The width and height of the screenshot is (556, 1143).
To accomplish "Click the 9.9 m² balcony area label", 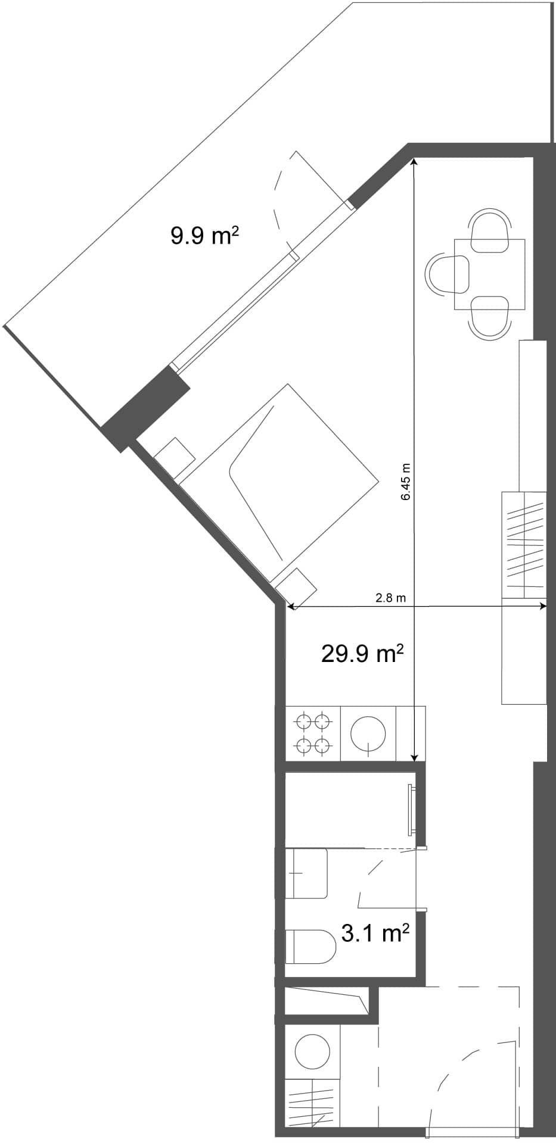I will [x=204, y=236].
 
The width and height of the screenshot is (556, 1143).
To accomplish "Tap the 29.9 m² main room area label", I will [x=362, y=654].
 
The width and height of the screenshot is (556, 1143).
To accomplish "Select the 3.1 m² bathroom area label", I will [x=375, y=933].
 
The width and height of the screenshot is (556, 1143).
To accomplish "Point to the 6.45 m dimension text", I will [x=406, y=482].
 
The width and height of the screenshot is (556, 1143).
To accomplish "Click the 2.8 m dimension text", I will [x=390, y=598].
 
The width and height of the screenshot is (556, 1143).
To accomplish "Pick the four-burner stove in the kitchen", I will [x=313, y=733].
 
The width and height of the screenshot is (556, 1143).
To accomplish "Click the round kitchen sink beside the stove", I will [x=368, y=733].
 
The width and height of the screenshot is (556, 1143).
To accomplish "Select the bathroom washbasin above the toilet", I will [x=307, y=873].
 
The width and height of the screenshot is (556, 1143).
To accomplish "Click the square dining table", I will [x=489, y=274].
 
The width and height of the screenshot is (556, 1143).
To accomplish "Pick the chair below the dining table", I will [x=490, y=318].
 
